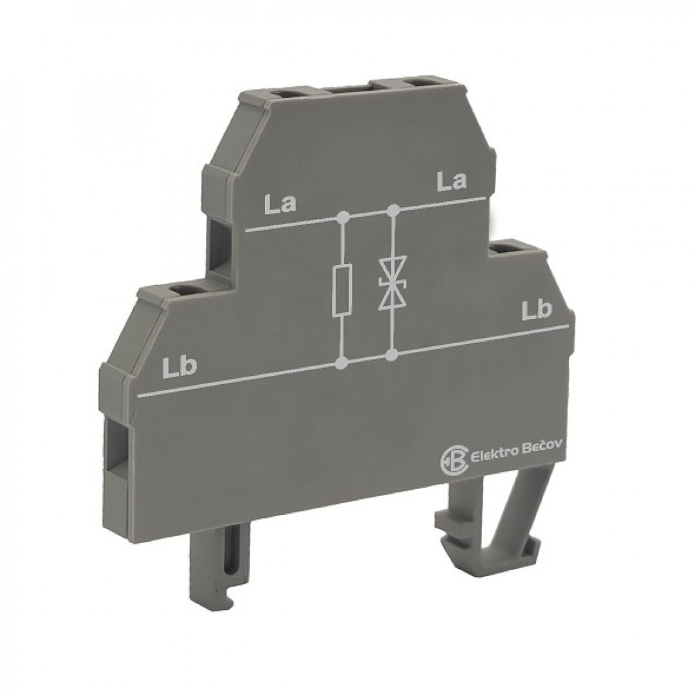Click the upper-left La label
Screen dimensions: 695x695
[281, 205]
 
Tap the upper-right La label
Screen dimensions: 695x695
[452, 181]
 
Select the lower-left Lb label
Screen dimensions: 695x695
[179, 367]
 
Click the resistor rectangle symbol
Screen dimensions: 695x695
[342, 290]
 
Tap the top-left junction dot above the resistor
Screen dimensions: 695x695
[342, 218]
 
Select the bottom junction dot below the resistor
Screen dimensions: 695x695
[341, 364]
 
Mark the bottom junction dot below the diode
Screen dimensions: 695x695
[391, 354]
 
